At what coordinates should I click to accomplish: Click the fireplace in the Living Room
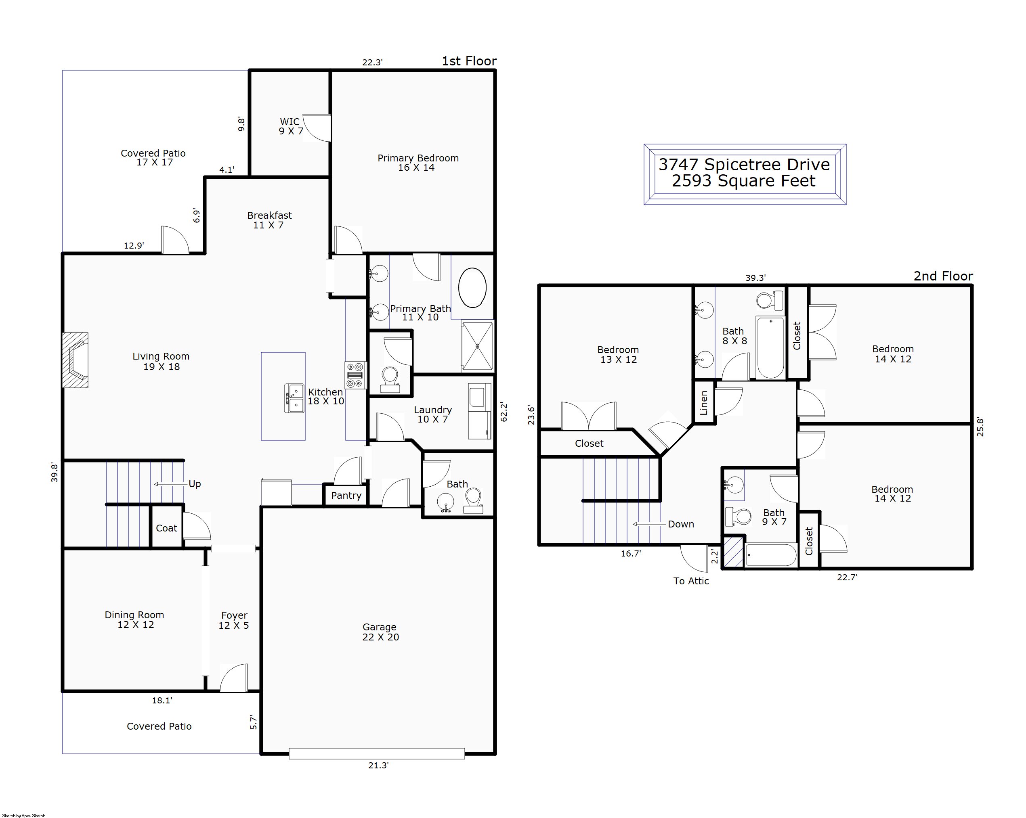point(75,360)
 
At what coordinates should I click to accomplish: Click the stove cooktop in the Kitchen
point(355,375)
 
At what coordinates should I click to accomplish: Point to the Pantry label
point(346,496)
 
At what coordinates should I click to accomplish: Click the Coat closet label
point(166,528)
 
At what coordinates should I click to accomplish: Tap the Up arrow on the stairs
point(170,484)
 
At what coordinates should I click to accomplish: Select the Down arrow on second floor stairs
point(649,524)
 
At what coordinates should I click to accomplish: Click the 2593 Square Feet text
point(744,181)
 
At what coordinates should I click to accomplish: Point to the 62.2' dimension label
point(504,412)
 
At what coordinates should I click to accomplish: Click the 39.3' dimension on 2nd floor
point(755,278)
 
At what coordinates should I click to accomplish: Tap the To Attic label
point(691,581)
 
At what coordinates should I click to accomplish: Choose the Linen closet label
point(704,402)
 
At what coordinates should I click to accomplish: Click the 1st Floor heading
point(469,61)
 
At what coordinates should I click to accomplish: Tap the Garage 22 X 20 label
point(380,632)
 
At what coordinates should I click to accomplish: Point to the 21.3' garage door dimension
point(378,765)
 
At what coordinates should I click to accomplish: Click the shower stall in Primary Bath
point(477,346)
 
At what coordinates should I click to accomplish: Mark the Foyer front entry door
point(234,677)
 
